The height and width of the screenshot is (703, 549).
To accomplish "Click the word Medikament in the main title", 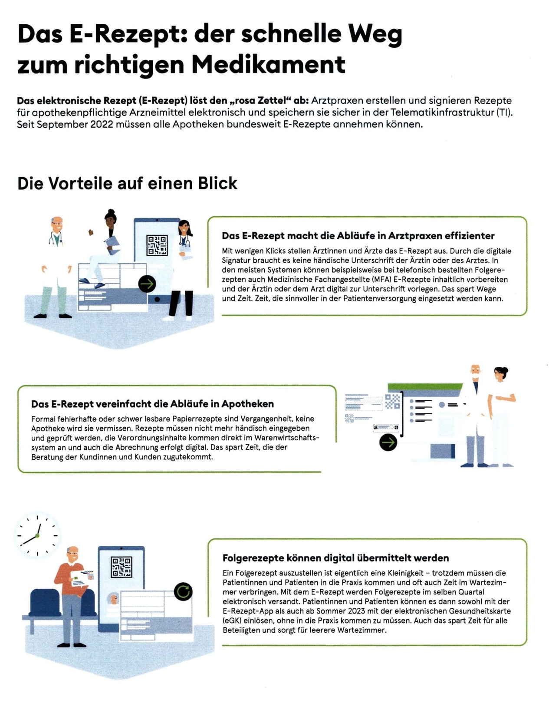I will coord(268,65).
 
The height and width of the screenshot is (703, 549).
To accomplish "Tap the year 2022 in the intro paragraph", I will coord(102,124).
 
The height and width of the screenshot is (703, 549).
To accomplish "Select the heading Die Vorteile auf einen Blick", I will coord(127,183).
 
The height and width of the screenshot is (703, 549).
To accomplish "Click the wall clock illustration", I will coord(37,535).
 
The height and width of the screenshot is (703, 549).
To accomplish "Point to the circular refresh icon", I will coord(183,591).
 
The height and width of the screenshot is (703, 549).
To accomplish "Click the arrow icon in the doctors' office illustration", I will coord(147,284).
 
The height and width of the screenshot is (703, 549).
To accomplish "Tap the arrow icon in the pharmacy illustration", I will coord(388,442).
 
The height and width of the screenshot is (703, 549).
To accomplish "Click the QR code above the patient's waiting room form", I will coord(122,567).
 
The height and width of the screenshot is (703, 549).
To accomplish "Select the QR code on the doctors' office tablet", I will coord(157,245).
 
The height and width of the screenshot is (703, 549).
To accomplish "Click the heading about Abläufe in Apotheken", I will coord(152,404).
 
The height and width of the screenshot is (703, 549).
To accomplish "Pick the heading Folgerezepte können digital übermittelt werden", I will coord(335,558).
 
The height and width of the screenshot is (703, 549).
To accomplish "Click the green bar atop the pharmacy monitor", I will coord(425,387).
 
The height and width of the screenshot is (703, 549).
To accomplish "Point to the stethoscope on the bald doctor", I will coord(56,239).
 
